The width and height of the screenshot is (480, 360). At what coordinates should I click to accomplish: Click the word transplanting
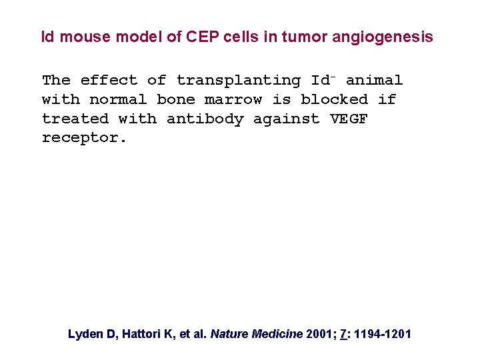point(238,81)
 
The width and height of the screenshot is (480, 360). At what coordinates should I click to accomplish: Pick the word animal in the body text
point(374,81)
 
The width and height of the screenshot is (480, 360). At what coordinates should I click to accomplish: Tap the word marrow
point(233,100)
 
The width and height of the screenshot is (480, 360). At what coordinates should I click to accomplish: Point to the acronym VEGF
point(349,119)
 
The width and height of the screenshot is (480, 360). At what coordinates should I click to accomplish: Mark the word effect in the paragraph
point(109,81)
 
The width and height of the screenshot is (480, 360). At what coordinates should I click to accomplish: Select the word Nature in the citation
point(229,334)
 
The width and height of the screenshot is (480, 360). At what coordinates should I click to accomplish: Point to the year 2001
point(319,334)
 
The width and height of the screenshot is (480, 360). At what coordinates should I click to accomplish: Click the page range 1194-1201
point(383,334)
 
